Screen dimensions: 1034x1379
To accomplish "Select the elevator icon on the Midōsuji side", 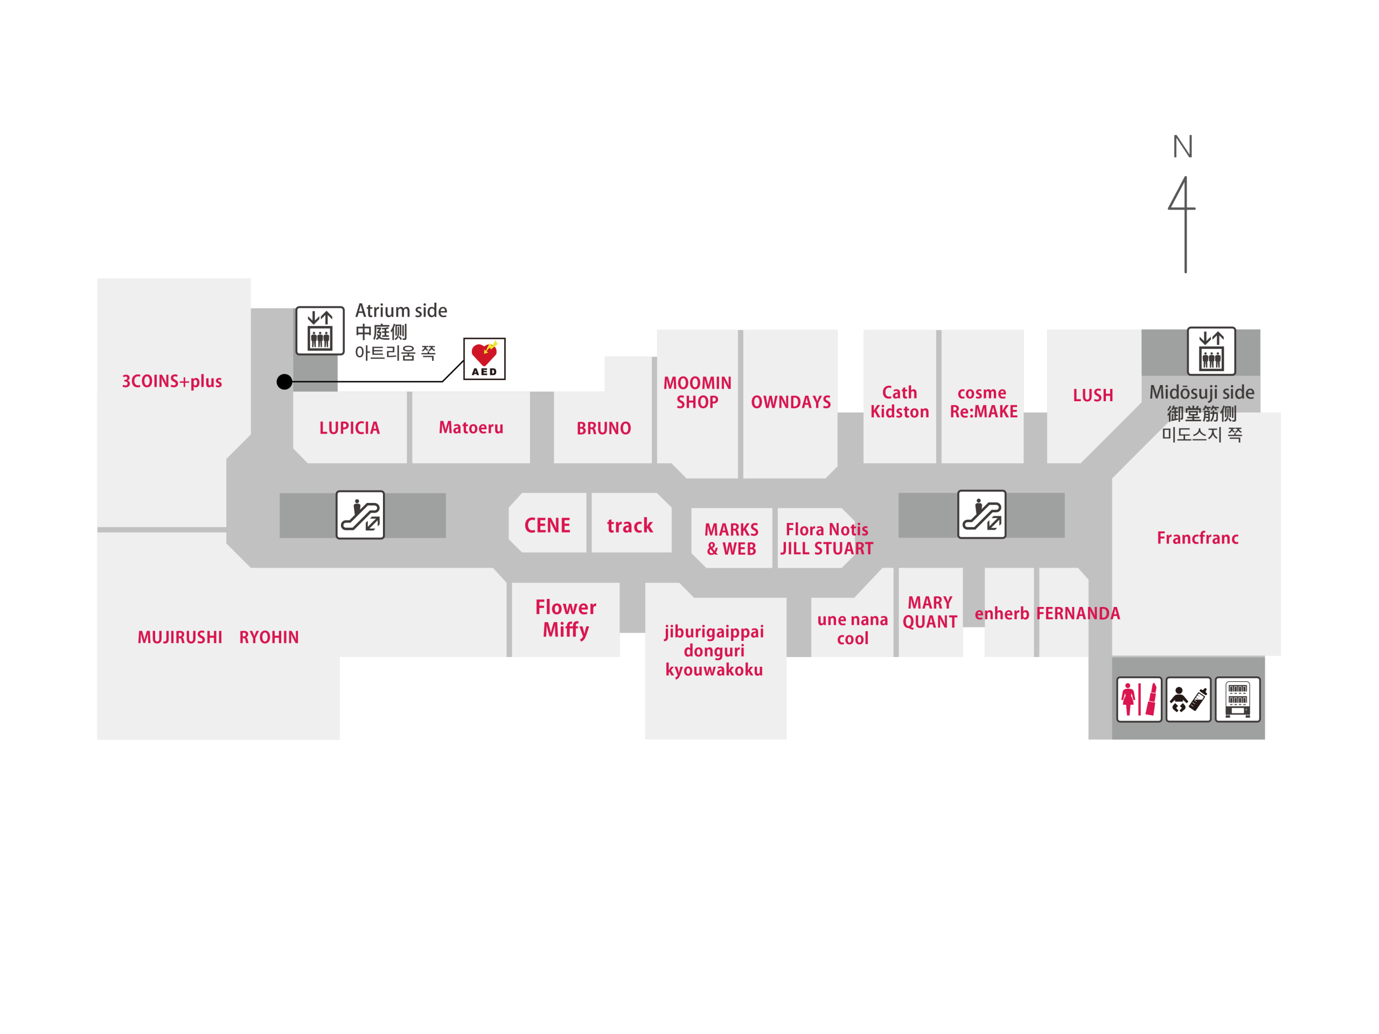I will pyautogui.click(x=1211, y=351).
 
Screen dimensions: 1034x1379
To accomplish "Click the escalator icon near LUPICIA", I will pyautogui.click(x=360, y=515).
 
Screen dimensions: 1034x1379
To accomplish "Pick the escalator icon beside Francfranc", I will pyautogui.click(x=981, y=515).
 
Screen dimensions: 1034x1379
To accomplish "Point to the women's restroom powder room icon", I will pyautogui.click(x=1139, y=700).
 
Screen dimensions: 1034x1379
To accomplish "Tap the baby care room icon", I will pyautogui.click(x=1188, y=700).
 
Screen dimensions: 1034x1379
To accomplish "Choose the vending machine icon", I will pyautogui.click(x=1237, y=700).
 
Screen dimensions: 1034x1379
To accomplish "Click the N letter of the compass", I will pyautogui.click(x=1182, y=147).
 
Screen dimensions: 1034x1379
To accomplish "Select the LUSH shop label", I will pyautogui.click(x=1093, y=395).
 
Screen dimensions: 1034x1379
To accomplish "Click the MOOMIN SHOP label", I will pyautogui.click(x=697, y=392).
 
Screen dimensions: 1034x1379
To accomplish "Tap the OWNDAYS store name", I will pyautogui.click(x=790, y=402).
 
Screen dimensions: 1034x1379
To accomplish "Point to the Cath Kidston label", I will pyautogui.click(x=900, y=402).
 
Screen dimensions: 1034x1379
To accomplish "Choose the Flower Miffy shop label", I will pyautogui.click(x=566, y=618).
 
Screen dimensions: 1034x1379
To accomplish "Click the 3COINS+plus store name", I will pyautogui.click(x=172, y=381).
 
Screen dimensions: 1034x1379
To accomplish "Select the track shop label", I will pyautogui.click(x=630, y=526).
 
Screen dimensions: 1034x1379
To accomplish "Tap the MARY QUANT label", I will pyautogui.click(x=930, y=612).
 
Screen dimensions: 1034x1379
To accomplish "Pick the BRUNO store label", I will pyautogui.click(x=603, y=428).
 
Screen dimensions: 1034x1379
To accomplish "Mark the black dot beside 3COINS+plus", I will pyautogui.click(x=284, y=381).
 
